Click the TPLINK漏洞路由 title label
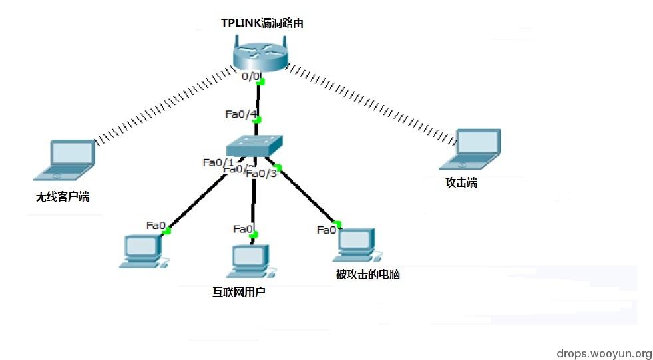point(262,23)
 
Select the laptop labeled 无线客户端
point(65,160)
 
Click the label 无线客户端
point(63,197)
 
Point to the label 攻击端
point(461,183)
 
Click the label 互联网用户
point(238,291)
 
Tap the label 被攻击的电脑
point(368,274)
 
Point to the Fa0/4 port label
point(240,114)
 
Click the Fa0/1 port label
point(218,162)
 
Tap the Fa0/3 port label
point(261,174)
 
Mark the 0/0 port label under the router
point(251,77)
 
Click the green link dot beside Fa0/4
point(257,120)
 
